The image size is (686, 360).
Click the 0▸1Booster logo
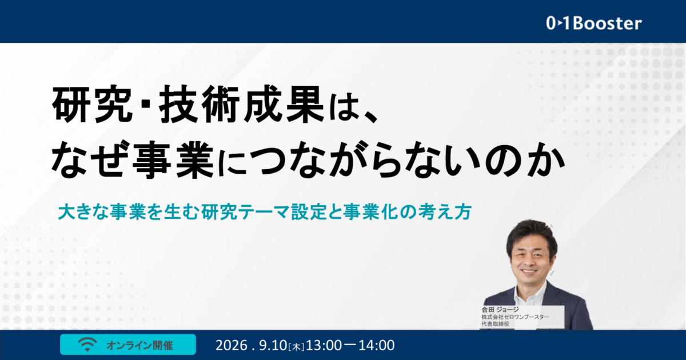click(x=594, y=23)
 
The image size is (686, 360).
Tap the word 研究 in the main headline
click(x=93, y=105)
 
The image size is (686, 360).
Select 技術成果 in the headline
click(x=241, y=105)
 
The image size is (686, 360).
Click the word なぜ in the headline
click(x=91, y=159)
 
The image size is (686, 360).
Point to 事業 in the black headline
click(x=173, y=159)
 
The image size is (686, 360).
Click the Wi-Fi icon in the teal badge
click(x=87, y=345)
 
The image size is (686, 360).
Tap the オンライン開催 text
click(x=139, y=345)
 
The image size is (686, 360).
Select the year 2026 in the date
click(x=232, y=345)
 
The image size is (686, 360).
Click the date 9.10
click(x=273, y=345)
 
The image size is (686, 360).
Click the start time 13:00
click(x=324, y=345)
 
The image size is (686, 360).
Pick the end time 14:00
click(x=376, y=345)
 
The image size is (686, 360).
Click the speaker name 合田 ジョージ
click(x=500, y=310)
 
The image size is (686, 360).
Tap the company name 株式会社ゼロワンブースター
click(x=515, y=317)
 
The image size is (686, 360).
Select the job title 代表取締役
click(x=495, y=324)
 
